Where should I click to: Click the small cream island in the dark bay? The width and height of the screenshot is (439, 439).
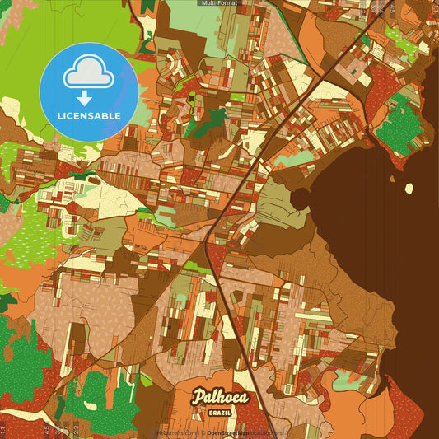[x=409, y=188]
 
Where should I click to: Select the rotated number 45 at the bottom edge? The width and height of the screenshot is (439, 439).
[x=48, y=429]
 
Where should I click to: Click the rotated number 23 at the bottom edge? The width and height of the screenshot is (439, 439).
[x=76, y=429]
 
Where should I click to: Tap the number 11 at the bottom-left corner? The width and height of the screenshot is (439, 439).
[x=3, y=429]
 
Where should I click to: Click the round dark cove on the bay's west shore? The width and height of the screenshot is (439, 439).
[x=300, y=198]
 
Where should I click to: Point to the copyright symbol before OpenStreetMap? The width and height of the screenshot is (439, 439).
[x=203, y=432]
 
